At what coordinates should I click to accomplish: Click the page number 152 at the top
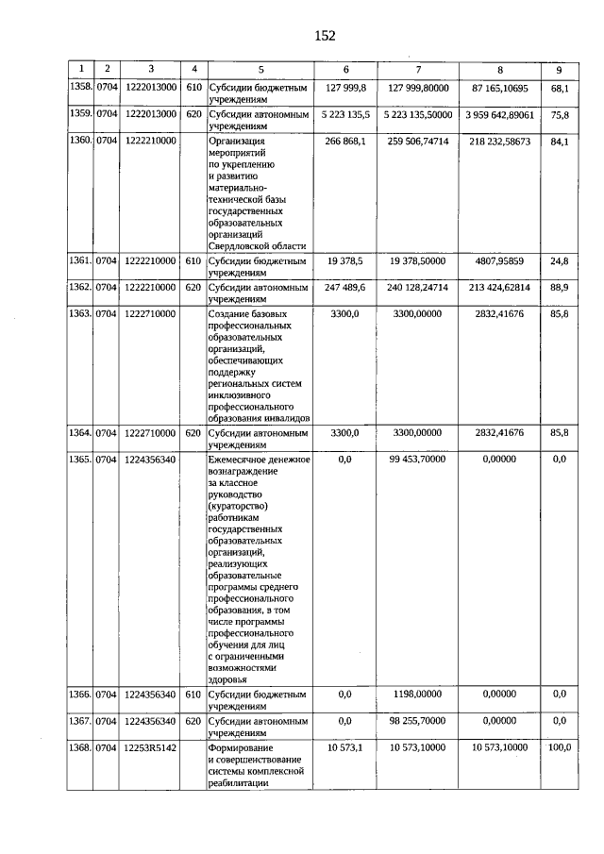tap(325, 36)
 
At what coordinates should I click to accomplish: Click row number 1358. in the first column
tap(82, 88)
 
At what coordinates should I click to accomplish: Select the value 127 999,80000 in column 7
tap(418, 88)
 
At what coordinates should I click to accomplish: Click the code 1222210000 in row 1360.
tap(149, 141)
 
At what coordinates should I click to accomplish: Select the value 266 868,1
tap(345, 141)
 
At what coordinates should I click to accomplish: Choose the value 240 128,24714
tap(418, 286)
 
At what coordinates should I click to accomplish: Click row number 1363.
tap(82, 312)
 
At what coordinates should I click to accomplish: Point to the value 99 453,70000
tap(418, 460)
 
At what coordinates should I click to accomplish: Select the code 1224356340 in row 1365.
tap(149, 460)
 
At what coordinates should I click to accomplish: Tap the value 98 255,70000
tap(418, 721)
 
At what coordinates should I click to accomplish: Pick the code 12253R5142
tap(149, 747)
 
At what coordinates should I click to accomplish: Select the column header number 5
tap(260, 69)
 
